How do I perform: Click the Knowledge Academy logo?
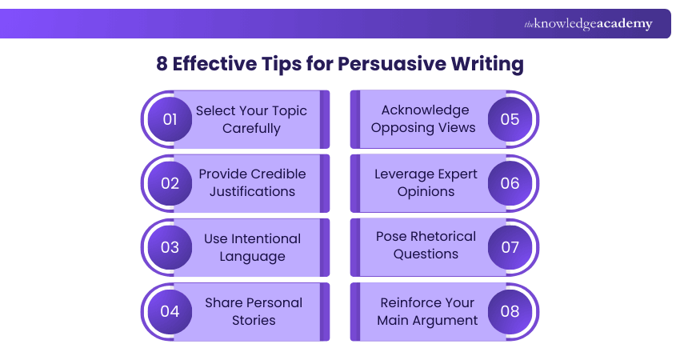tap(588, 24)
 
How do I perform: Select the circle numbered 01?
tap(170, 119)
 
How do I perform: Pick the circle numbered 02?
tap(170, 183)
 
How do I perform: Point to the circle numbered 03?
tap(170, 247)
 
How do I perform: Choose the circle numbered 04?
tap(170, 311)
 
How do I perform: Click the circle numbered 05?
tap(510, 119)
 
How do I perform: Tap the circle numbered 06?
tap(510, 183)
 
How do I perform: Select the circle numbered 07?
tap(510, 247)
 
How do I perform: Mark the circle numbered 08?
tap(510, 311)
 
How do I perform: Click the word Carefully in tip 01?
tap(251, 128)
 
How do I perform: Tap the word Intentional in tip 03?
tap(266, 238)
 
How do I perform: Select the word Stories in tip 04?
tap(253, 320)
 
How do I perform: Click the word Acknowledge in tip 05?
tap(425, 110)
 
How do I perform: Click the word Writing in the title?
tap(485, 64)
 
